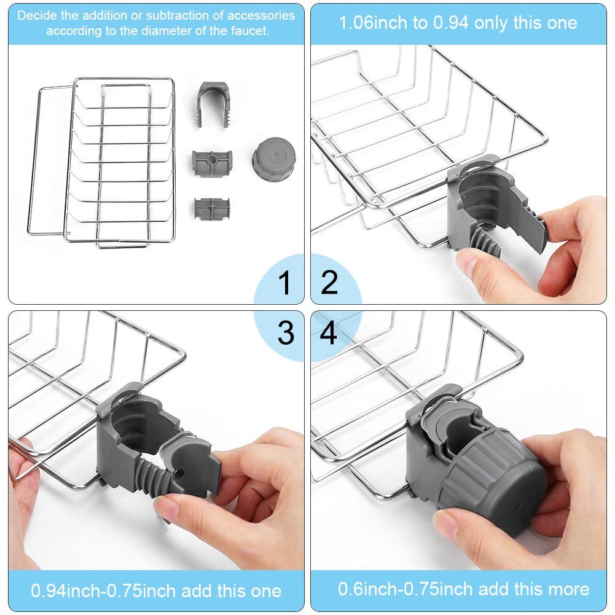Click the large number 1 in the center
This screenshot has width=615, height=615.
click(x=284, y=283)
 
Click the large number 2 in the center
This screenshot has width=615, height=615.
click(x=330, y=282)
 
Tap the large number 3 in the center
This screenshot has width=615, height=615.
click(x=286, y=332)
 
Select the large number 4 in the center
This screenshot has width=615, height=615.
click(x=329, y=332)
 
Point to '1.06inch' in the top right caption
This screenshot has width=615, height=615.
click(x=371, y=23)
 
